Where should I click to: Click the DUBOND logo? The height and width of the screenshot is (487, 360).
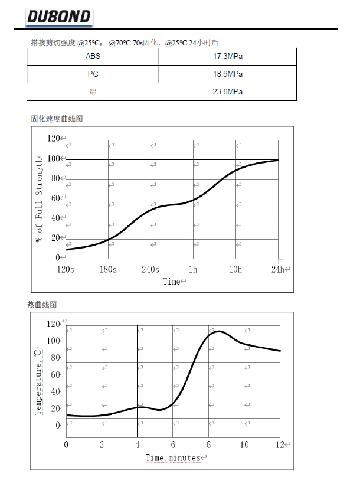coord(58,16)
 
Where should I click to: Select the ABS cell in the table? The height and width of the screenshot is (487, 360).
coord(93,57)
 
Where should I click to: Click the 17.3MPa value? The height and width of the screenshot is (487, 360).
coord(227,57)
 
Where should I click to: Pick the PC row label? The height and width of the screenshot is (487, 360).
coord(93,74)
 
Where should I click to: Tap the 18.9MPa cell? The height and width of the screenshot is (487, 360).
coord(227,74)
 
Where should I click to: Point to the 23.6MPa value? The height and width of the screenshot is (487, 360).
coord(227,92)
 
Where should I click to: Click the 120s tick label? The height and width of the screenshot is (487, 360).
coord(66,269)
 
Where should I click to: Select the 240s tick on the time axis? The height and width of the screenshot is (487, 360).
coord(150,269)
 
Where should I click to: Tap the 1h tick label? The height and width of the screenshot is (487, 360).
coord(193,269)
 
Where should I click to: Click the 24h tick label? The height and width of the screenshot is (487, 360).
coord(278,269)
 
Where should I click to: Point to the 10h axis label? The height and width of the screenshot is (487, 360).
coord(235,269)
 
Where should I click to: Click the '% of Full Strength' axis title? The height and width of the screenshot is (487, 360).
coord(40,199)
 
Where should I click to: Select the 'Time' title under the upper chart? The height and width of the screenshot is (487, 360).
coord(172,282)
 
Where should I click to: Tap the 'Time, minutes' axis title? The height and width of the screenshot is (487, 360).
coord(173,457)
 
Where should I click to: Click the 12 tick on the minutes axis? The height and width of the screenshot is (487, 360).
coord(280,444)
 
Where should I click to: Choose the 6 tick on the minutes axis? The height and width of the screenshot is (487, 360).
coord(173,444)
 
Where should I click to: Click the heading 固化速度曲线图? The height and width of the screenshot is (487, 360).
coord(57,119)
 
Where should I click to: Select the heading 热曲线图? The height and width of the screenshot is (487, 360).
coord(42,305)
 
